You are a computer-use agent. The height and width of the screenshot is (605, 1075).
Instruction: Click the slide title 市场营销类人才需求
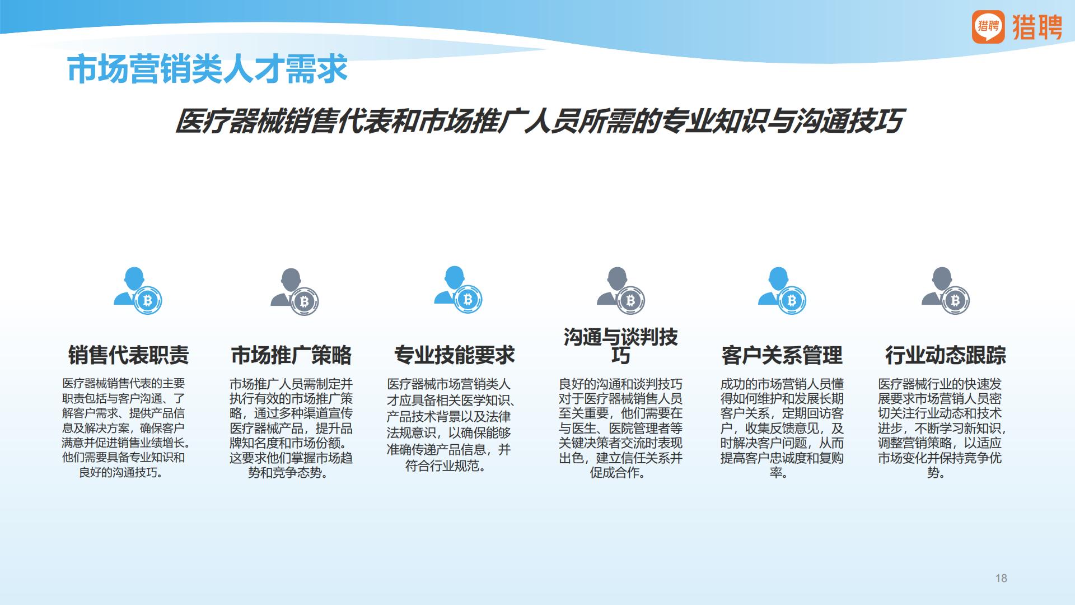(207, 70)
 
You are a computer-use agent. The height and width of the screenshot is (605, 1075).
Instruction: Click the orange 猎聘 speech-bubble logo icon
(988, 26)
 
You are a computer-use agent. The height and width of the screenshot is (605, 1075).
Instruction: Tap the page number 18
(1001, 578)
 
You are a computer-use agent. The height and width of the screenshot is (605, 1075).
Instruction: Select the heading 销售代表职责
(128, 355)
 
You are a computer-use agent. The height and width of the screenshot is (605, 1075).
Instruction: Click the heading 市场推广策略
(291, 355)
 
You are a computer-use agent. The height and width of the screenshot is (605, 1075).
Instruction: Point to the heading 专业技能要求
(454, 355)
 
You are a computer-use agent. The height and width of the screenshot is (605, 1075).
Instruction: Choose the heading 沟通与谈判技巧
(620, 346)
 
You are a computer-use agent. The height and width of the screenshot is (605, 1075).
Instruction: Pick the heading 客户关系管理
(782, 355)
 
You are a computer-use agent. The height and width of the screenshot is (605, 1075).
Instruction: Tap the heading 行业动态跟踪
(945, 355)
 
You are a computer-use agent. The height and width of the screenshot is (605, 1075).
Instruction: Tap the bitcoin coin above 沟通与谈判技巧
(630, 301)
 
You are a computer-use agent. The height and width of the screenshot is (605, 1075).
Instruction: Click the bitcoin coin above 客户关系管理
(791, 301)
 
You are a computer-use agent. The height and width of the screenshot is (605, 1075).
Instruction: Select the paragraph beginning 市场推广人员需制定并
(291, 428)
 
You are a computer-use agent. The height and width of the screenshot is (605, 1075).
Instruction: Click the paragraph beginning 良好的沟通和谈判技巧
(620, 428)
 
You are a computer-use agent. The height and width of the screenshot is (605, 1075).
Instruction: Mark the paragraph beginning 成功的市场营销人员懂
(782, 428)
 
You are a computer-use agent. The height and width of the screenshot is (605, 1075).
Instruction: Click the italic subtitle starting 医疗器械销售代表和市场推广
(539, 121)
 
